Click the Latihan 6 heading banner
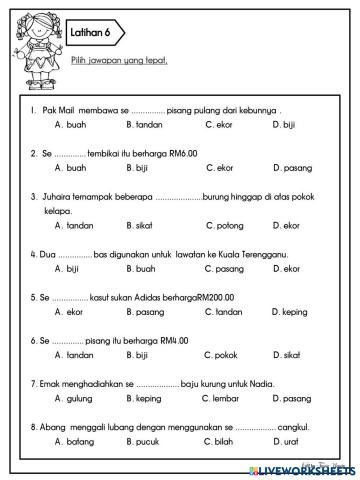(x=93, y=33)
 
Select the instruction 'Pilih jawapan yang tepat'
(x=119, y=60)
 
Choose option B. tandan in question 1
(x=145, y=125)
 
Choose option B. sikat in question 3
(x=144, y=226)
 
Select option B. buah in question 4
(x=144, y=269)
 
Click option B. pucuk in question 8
(x=145, y=441)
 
